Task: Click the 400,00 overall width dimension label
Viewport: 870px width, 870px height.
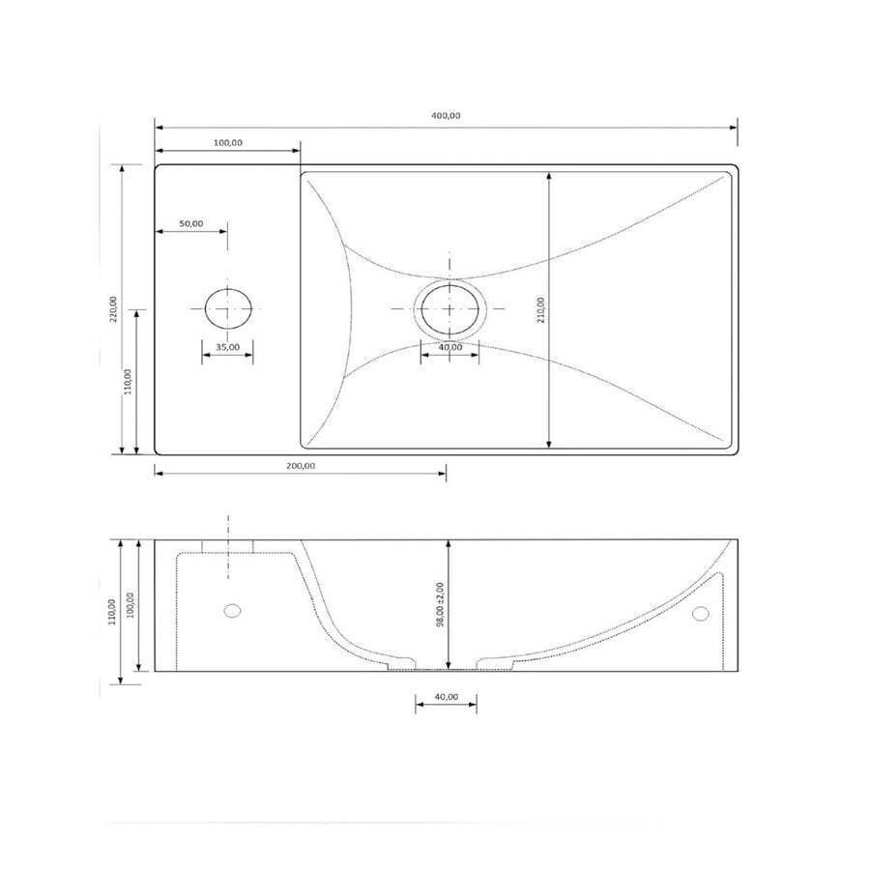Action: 446,116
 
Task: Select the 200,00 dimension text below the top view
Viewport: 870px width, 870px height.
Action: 301,465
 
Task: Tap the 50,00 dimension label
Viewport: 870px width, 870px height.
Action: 191,223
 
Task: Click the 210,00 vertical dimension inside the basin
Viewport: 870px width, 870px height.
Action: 541,310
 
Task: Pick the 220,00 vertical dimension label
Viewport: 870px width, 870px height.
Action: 114,308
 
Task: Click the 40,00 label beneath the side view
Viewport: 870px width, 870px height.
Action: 446,696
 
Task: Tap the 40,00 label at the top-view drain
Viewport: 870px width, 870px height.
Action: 449,347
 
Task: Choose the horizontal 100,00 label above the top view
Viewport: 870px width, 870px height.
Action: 227,143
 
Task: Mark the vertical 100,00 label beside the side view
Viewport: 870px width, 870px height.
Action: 130,605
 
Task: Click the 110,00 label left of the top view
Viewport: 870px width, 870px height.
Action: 130,382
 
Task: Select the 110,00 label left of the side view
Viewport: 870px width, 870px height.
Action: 112,612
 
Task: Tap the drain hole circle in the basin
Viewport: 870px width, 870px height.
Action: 449,308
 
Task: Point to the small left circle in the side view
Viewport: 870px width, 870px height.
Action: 231,610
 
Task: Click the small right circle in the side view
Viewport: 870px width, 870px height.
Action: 701,613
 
